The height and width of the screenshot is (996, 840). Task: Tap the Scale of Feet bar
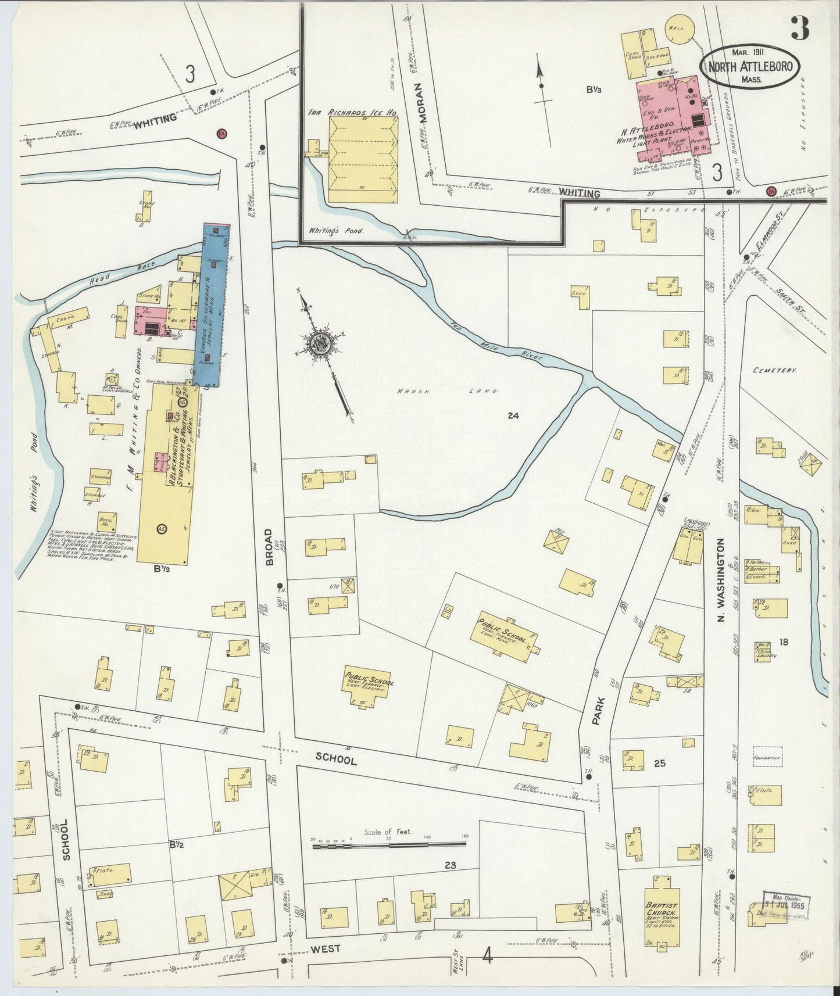point(389,845)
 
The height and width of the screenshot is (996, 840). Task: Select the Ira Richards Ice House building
point(364,159)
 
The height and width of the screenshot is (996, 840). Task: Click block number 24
point(512,415)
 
